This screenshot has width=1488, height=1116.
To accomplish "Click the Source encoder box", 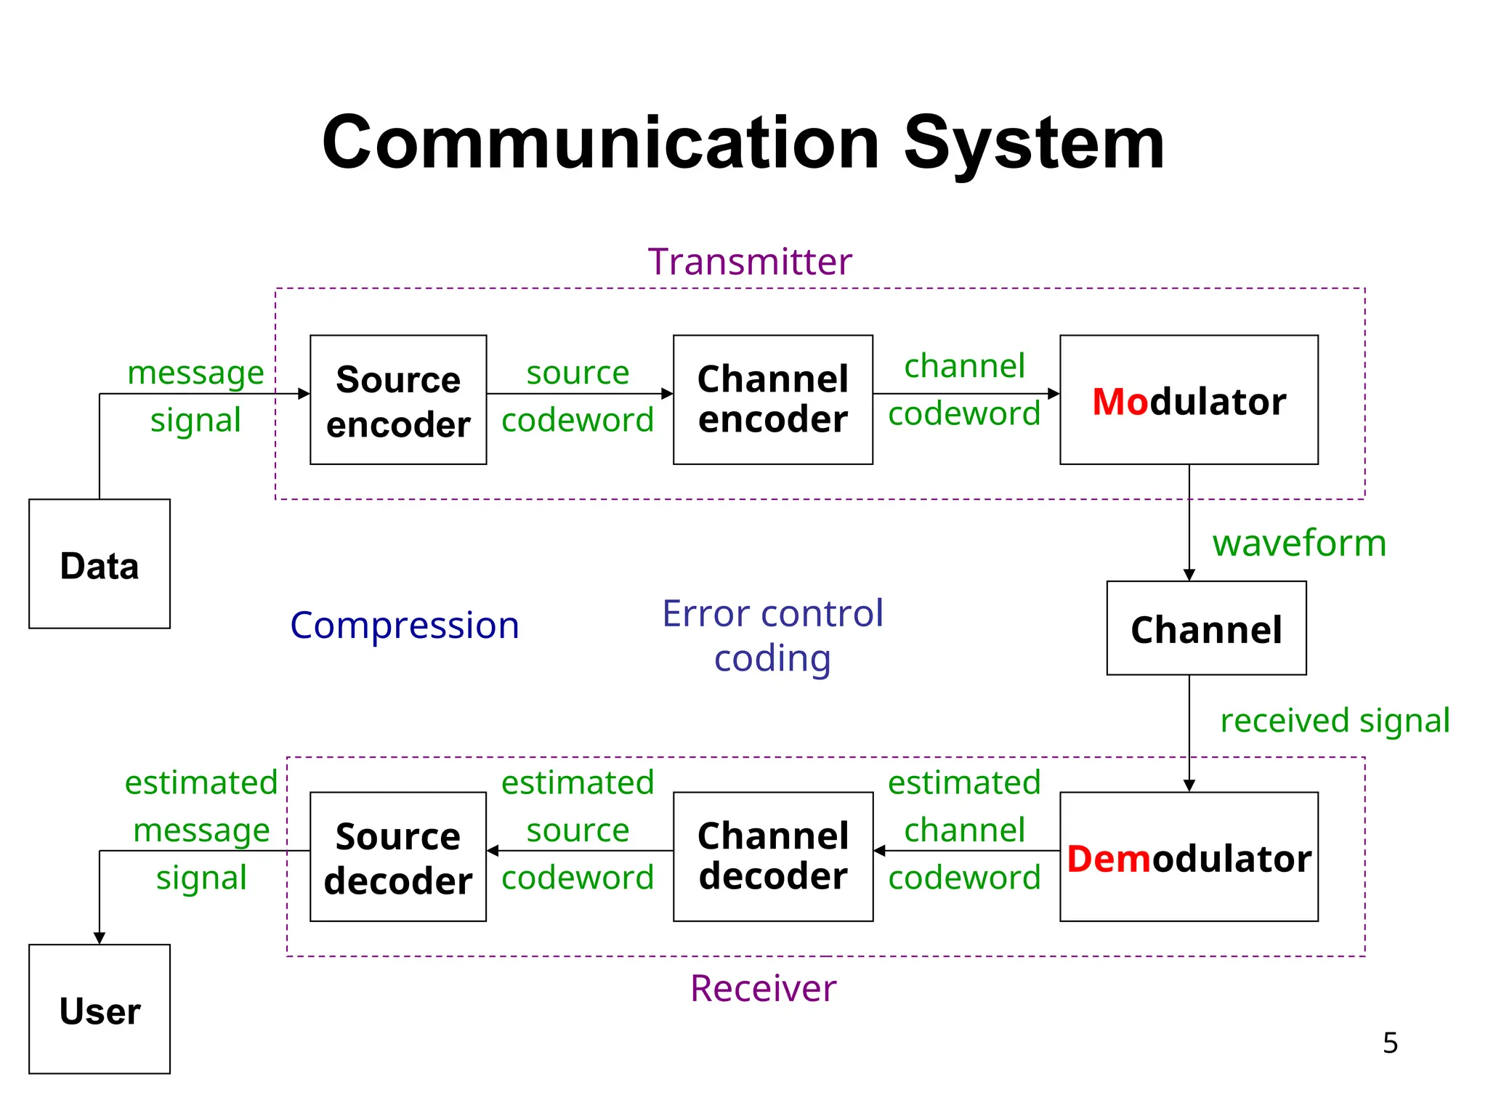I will pos(398,400).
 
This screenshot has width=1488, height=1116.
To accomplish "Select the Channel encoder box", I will pos(772,400).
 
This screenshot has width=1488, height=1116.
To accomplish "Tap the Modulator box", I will pos(1189,400).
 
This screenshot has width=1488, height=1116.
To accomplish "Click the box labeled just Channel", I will pos(1206,628).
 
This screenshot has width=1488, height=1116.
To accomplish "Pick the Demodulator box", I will pos(1189,857).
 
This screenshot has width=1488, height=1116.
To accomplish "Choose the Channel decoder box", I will pos(772,857).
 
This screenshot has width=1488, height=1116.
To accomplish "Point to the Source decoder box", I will pos(398,857).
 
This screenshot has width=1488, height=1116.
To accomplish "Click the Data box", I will pos(100,565).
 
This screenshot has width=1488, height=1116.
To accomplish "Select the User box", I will pos(100,1010).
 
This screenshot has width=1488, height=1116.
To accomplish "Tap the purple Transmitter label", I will pos(749,262).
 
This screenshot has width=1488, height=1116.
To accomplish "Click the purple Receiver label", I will pos(763,988).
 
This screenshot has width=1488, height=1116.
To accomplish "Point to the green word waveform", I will pos(1299,543).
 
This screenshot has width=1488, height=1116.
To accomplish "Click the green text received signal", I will pos(1335,720).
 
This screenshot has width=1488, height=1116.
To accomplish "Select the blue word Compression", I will pos(405,626).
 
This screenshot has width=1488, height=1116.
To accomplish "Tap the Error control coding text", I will pos(772,636).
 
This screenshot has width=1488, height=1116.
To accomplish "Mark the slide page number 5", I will pos(1390,1043).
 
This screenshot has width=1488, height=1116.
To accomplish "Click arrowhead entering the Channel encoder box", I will pos(668,394).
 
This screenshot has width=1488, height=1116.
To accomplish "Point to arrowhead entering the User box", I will pos(100,938).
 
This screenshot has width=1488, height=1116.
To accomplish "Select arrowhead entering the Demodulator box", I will pos(1189,785).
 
